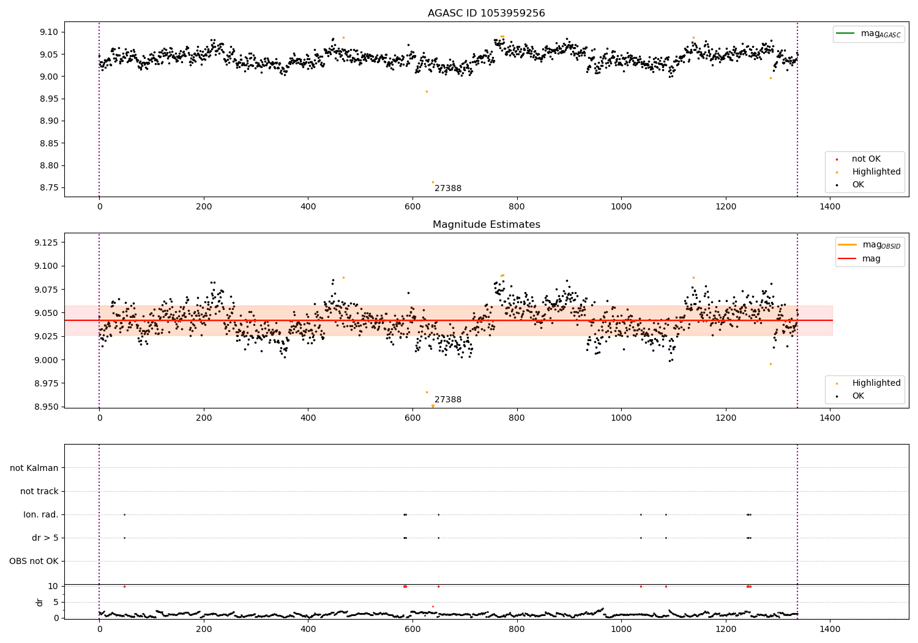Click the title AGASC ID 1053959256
pos(486,13)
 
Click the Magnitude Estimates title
pos(486,225)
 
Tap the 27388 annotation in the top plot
pos(448,189)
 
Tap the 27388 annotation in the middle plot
pos(448,400)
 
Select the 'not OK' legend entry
pos(866,159)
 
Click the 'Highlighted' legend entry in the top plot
pos(876,172)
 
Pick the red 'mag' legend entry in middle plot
pos(871,258)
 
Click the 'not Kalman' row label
pos(34,468)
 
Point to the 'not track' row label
pos(39,492)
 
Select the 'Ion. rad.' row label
pos(41,515)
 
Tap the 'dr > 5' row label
pos(45,538)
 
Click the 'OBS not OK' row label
pos(34,562)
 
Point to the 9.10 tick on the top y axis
pos(48,32)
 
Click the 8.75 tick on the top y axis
pos(48,188)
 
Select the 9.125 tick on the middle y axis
pos(47,243)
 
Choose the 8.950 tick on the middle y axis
pos(47,407)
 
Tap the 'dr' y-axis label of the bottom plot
pos(40,602)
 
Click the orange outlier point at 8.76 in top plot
pos(433,182)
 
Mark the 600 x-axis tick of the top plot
pos(412,207)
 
